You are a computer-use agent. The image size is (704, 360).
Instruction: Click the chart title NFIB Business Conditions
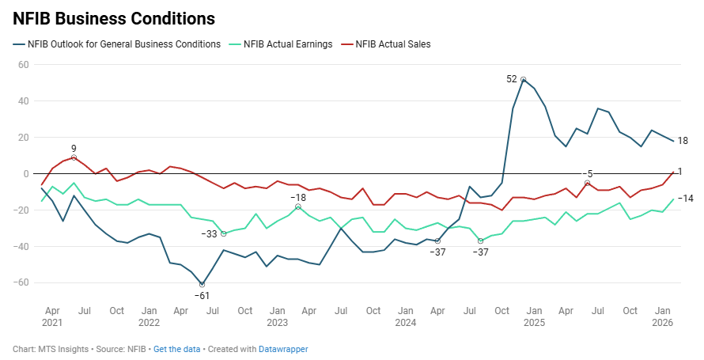[114, 17]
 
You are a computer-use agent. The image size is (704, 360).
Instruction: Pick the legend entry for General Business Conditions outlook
[123, 44]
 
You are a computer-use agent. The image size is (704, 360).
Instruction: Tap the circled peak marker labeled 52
[524, 79]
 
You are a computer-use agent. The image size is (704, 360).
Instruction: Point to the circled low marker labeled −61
[202, 284]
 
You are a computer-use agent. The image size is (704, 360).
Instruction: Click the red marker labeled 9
[74, 157]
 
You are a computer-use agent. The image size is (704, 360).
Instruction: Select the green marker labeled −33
[224, 233]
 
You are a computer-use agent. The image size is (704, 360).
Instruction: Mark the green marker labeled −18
[298, 207]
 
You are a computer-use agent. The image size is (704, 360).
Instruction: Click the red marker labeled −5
[587, 183]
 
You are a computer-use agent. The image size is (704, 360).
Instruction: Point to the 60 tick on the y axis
[23, 65]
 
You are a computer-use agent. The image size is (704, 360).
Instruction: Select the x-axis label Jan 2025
[534, 316]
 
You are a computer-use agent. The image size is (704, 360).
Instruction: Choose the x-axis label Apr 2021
[52, 316]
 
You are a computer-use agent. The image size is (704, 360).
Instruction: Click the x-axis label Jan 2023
[277, 316]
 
